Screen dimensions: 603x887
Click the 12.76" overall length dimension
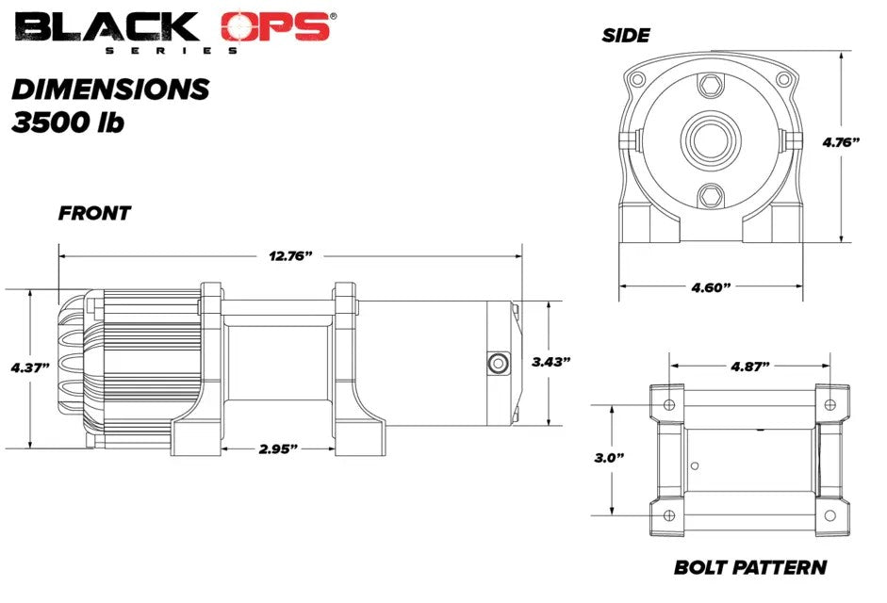pos(290,256)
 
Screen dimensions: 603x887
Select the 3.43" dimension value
pos(550,361)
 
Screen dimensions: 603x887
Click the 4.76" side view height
pos(841,142)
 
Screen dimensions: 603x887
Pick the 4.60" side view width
pos(711,286)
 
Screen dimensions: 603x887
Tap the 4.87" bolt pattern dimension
pos(749,365)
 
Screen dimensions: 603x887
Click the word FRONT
pos(94,213)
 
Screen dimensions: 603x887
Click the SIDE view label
pos(626,36)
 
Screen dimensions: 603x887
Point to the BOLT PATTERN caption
pos(750,567)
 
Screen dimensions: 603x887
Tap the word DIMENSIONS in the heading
pos(109,90)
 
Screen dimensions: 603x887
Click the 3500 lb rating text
pos(68,123)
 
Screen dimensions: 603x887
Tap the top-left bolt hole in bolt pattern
pos(669,404)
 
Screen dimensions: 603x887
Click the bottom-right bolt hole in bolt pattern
pos(830,514)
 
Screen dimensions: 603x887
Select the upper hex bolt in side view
pos(710,88)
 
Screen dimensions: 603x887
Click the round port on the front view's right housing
pos(496,363)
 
